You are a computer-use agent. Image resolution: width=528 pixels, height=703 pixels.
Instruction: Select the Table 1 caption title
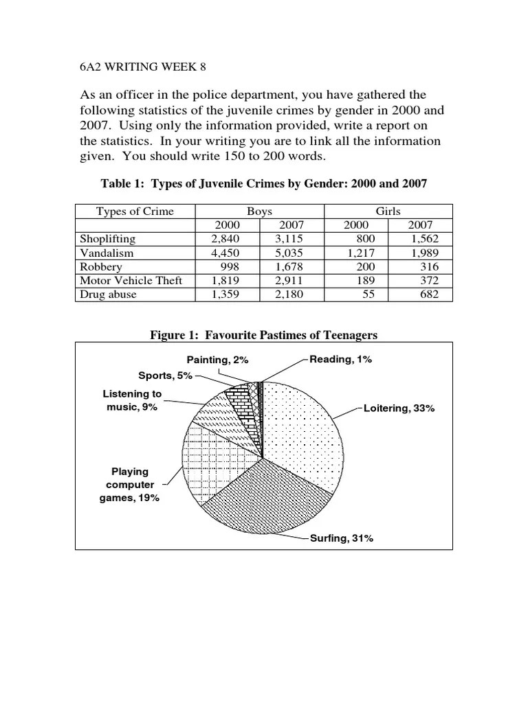coord(264,183)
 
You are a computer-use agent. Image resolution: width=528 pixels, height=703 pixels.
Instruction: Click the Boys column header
coord(259,211)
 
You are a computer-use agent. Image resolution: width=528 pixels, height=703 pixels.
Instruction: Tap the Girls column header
coord(388,211)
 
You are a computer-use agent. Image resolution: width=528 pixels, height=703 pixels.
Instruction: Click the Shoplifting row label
coord(108,239)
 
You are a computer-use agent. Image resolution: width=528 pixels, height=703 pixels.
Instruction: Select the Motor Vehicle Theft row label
coord(131,280)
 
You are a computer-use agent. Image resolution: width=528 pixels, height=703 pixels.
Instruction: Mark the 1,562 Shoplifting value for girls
coord(419,239)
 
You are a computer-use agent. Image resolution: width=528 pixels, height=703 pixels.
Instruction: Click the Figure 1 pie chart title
coord(264,335)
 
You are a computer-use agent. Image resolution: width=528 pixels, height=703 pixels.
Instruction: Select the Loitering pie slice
coord(306,433)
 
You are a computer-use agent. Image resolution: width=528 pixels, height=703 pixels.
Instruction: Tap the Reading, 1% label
coord(340,359)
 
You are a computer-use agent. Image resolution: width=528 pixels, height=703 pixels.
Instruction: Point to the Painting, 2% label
coord(217,359)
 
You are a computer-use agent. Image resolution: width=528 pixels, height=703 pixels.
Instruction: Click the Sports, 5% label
coord(165,376)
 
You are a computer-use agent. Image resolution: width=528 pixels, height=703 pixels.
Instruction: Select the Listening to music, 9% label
coord(132,400)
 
